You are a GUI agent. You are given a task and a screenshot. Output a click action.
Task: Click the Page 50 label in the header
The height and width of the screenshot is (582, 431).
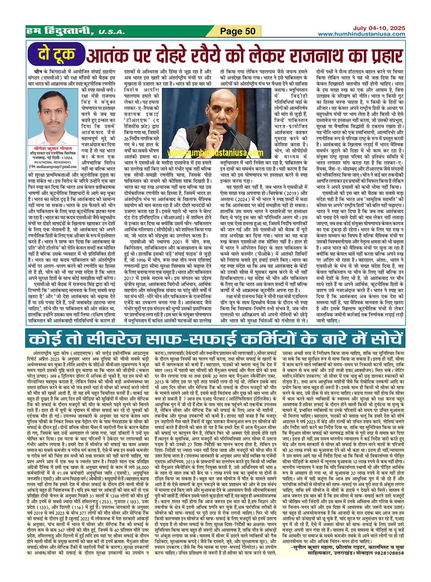238,31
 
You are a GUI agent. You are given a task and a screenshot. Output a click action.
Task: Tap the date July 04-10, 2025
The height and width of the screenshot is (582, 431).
379,28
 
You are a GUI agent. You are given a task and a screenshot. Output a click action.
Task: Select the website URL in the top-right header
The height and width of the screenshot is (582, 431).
361,34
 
